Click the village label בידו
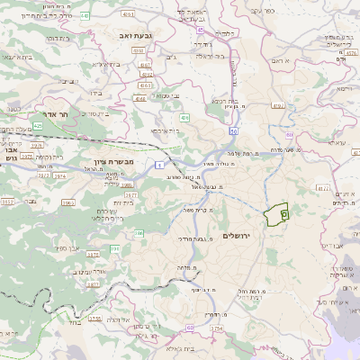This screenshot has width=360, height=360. (95, 92)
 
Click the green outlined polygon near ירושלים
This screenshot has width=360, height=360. (275, 214)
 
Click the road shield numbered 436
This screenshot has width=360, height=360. (184, 117)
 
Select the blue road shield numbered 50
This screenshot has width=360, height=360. (233, 131)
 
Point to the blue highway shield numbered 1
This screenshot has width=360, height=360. (159, 165)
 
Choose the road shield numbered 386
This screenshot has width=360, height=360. (139, 233)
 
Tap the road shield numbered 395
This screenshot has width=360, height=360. (114, 247)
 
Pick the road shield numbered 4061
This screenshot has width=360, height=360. (128, 15)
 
